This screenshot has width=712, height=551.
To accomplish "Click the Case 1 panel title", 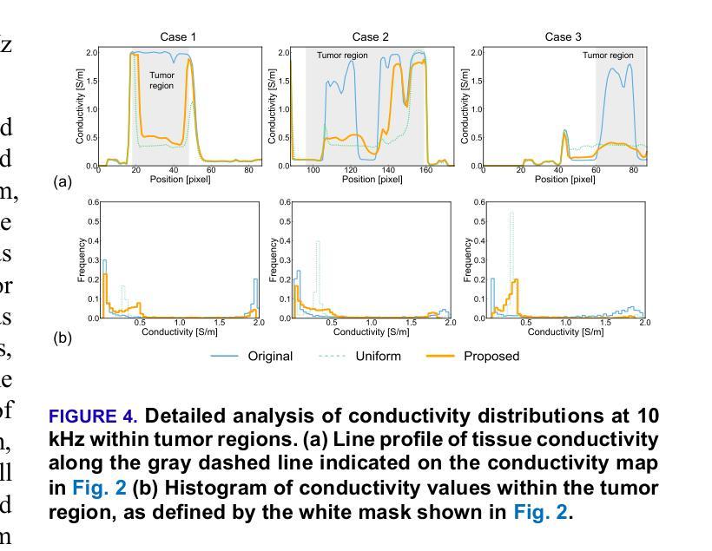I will click(x=178, y=36).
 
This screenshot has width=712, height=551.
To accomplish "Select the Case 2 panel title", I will click(x=370, y=36).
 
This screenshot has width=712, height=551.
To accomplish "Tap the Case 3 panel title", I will click(x=564, y=36).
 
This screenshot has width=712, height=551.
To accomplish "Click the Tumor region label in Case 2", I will click(x=342, y=56).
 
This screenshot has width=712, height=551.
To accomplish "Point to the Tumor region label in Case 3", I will click(x=608, y=56).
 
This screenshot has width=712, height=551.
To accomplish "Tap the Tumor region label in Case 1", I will click(x=162, y=81).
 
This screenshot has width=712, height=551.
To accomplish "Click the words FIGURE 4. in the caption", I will click(x=93, y=417).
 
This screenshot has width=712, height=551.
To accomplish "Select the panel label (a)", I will click(x=63, y=182).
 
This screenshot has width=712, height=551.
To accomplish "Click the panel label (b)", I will click(x=63, y=338).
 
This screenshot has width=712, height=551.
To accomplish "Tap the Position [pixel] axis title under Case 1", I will click(x=177, y=180).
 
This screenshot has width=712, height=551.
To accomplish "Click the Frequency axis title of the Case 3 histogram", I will click(x=468, y=259).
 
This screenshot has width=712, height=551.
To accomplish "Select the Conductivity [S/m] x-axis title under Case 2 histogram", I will click(x=370, y=331).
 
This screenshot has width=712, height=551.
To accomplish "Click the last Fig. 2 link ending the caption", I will click(x=540, y=512).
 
